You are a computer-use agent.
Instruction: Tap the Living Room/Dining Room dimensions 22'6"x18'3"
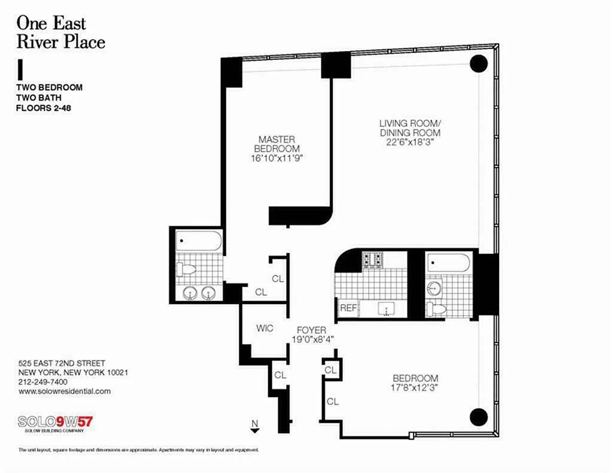[x=410, y=142]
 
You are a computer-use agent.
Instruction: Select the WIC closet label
[x=265, y=328]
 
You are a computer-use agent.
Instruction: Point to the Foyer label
[x=311, y=330]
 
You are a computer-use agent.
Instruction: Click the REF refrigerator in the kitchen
[x=348, y=308]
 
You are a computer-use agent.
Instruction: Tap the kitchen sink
[x=386, y=309]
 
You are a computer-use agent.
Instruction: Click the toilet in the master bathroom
[x=186, y=269]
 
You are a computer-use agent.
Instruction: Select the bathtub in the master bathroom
[x=199, y=241]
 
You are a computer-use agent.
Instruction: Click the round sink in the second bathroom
[x=433, y=289]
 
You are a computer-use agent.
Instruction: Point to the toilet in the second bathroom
[x=436, y=309]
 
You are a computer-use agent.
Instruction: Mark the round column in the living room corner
[x=478, y=63]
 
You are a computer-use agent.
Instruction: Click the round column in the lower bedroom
[x=478, y=417]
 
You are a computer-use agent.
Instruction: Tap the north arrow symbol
[x=255, y=426]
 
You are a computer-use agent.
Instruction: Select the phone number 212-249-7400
[x=43, y=382]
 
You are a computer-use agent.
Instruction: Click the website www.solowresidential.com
[x=65, y=392]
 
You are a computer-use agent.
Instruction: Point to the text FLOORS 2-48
[x=43, y=108]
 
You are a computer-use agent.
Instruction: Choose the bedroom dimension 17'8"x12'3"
[x=414, y=387]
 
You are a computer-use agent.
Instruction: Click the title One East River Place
[x=60, y=32]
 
